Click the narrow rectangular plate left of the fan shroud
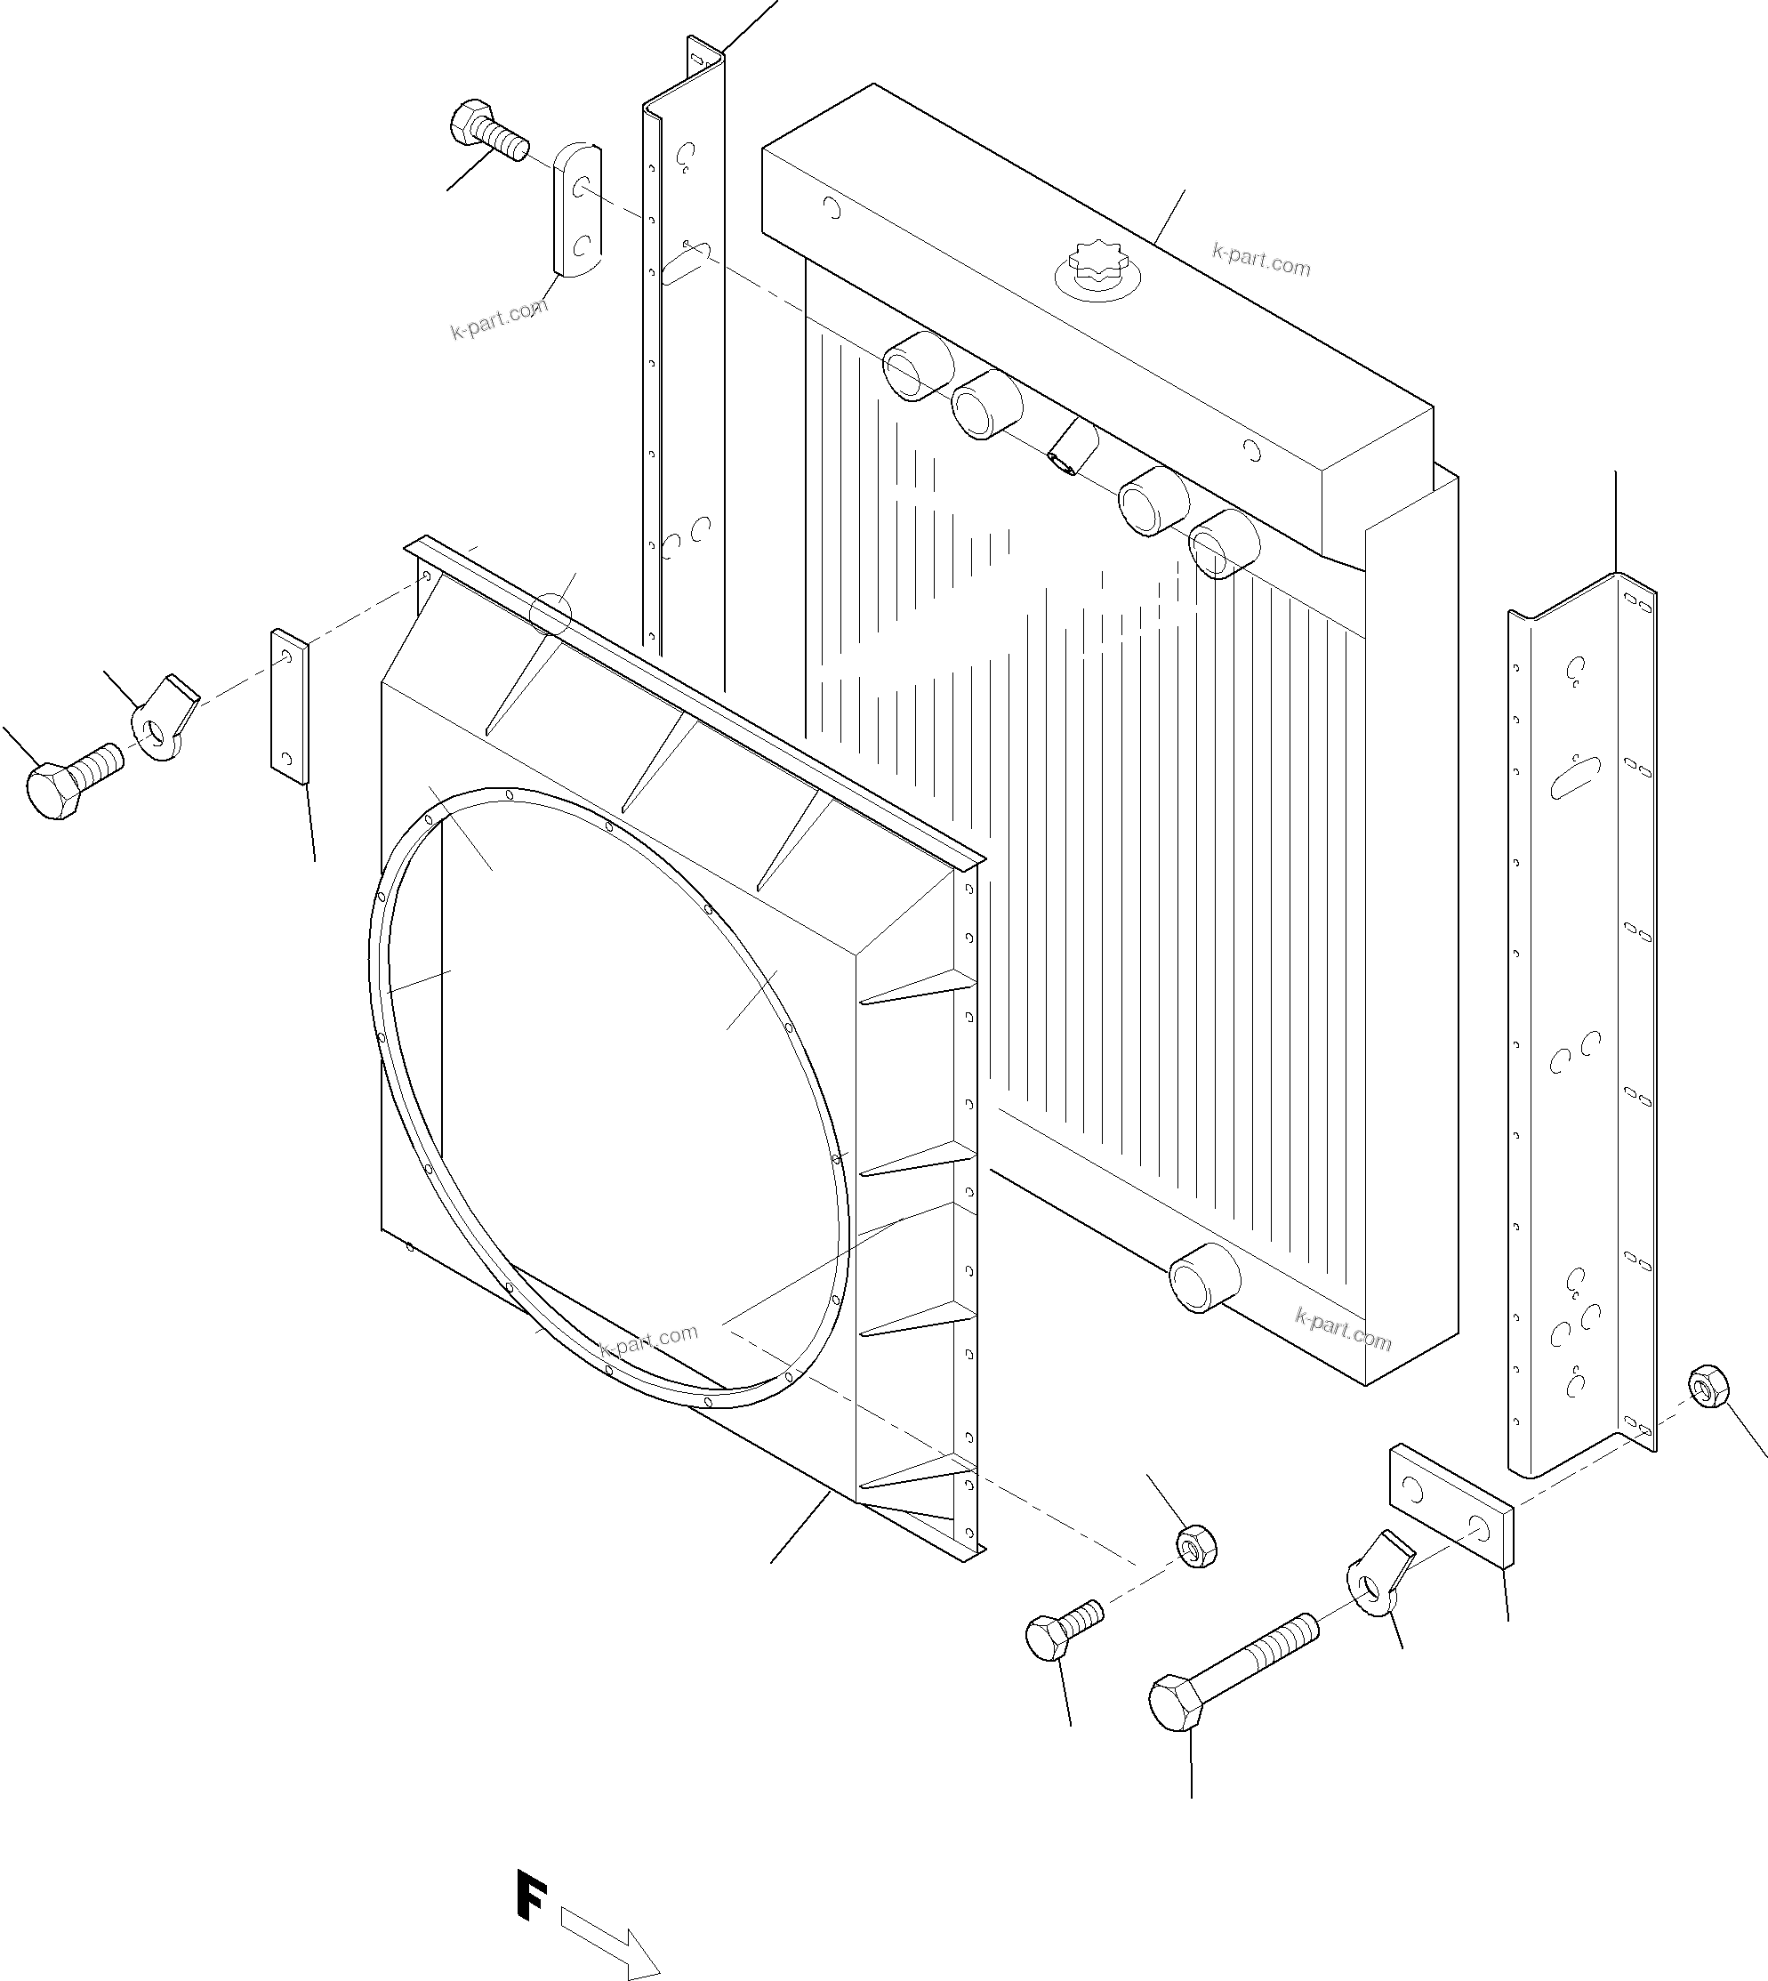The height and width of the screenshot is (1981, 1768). tap(288, 705)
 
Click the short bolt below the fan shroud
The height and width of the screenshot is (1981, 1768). tap(1063, 1629)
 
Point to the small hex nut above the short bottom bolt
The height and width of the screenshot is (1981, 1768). tap(1197, 1545)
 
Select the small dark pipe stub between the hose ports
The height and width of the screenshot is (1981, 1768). tap(1072, 448)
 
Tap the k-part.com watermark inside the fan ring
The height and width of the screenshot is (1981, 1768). tap(648, 1341)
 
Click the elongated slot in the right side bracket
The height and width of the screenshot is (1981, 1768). tap(1574, 777)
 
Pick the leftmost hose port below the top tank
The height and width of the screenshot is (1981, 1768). tap(917, 366)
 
